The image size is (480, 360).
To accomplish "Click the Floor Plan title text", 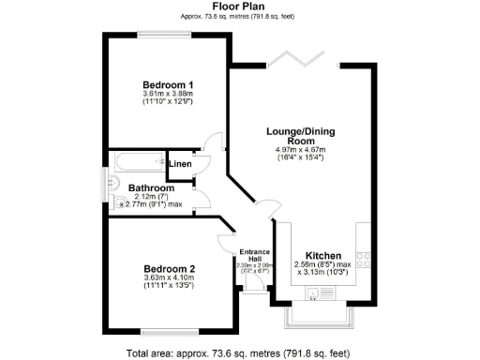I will tap(239, 6).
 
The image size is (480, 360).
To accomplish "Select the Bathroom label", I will tap(147, 187).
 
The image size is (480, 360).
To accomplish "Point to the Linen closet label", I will tap(181, 165).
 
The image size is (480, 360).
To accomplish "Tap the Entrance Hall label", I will tap(254, 255).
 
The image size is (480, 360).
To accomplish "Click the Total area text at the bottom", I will tap(240, 352).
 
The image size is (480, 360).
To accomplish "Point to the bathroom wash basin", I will tap(115, 184).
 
